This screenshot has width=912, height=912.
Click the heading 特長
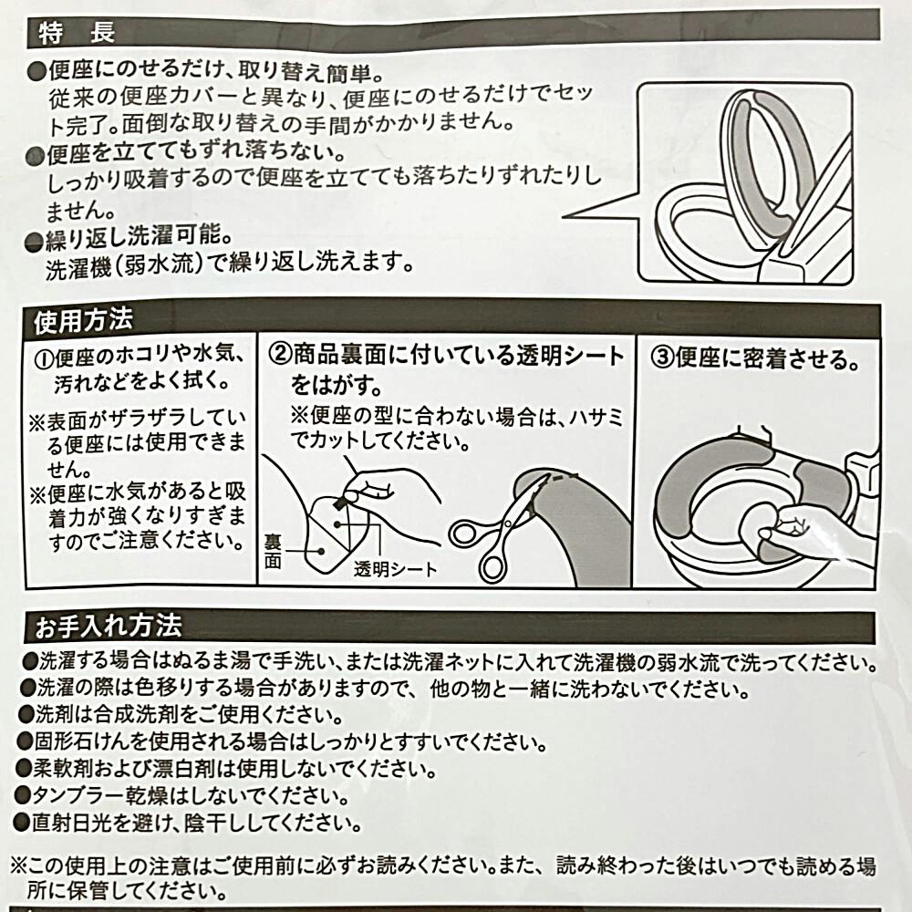point(77,33)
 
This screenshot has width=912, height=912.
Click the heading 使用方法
point(83,320)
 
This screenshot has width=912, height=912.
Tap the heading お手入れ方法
point(109,627)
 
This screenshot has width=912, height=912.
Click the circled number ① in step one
point(44,358)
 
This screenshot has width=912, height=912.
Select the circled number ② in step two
point(280,354)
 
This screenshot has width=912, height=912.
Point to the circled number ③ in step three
point(661,358)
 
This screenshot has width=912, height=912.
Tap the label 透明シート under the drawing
point(396,569)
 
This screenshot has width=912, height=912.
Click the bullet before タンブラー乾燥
point(23,794)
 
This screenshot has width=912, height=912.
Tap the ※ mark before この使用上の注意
point(19,866)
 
